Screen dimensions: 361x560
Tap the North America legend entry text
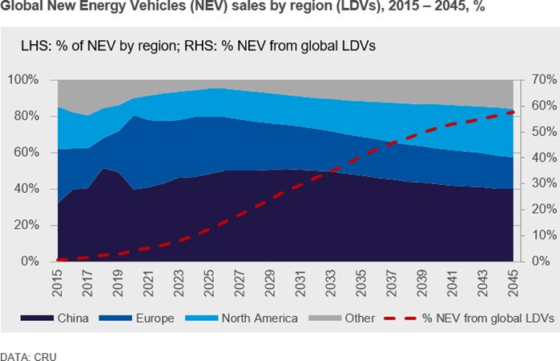coord(257,319)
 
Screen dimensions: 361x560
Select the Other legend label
coord(360,319)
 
